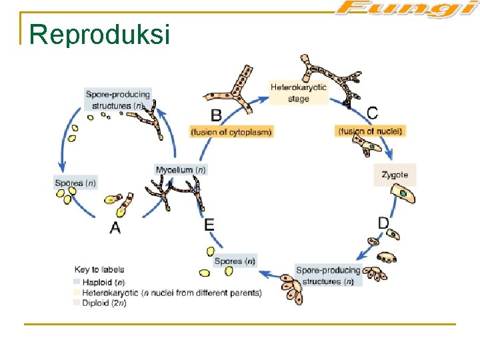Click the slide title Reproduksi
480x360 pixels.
tap(100, 34)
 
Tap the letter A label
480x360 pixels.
tap(115, 228)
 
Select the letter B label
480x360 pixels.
tap(216, 115)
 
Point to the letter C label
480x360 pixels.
tap(373, 113)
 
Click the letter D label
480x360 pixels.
tap(383, 223)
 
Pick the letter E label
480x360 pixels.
tap(209, 225)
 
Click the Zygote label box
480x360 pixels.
tap(395, 175)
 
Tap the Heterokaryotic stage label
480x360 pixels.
tap(299, 93)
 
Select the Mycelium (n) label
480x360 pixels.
tap(181, 170)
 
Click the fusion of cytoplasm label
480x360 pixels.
tap(231, 132)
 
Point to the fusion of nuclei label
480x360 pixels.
tap(371, 131)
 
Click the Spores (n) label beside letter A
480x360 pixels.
tap(75, 183)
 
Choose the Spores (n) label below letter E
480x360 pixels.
tap(235, 261)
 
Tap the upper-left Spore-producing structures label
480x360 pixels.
tap(118, 99)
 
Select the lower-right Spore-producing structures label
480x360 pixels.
tap(328, 275)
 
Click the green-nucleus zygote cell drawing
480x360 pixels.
tap(404, 194)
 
